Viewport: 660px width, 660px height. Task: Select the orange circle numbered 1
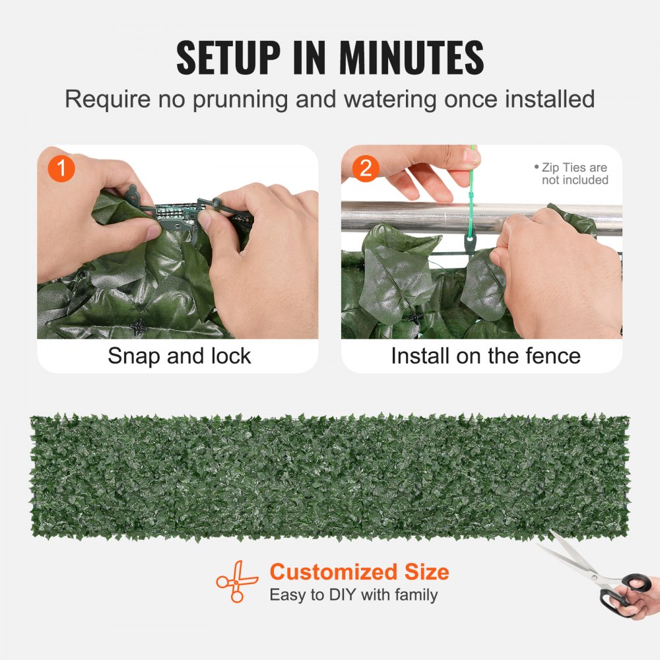(62, 169)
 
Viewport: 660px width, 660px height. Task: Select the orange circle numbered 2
(366, 169)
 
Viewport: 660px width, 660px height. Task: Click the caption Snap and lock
(180, 356)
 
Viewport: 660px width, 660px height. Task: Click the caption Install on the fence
(486, 356)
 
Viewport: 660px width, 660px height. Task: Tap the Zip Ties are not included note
(573, 174)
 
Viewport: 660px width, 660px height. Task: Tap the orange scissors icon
(237, 581)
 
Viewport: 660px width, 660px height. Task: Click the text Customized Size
(359, 572)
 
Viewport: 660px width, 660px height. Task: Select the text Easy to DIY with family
(353, 595)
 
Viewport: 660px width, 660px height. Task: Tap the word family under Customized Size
(416, 595)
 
